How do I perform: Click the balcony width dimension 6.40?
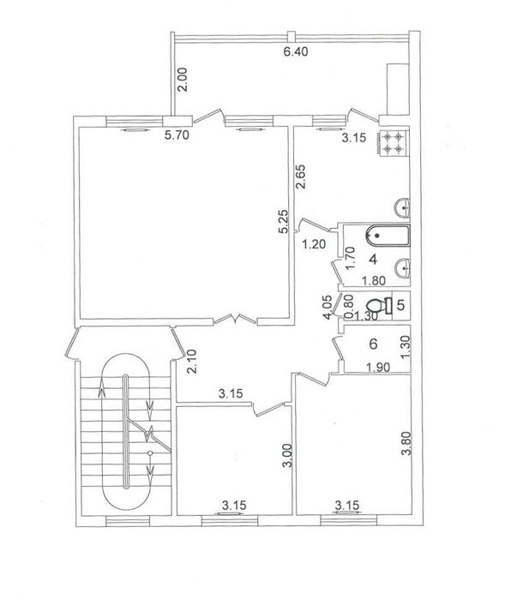tap(296, 51)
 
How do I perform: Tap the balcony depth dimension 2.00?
tap(183, 80)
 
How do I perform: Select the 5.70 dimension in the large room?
tap(177, 135)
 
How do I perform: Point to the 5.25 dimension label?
tap(284, 221)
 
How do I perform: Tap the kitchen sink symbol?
tap(402, 208)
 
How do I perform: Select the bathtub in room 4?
tap(388, 236)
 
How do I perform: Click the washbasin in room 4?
tap(402, 267)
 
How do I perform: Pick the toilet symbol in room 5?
tap(379, 306)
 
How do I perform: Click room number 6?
tap(373, 344)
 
